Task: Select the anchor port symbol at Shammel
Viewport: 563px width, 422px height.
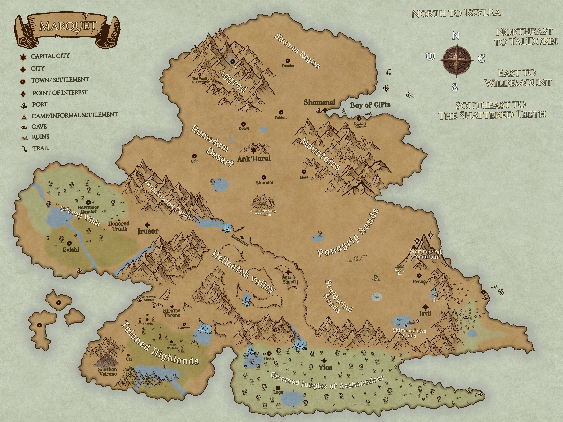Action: coord(318,110)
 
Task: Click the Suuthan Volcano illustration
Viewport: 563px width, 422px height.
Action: coord(107,359)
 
